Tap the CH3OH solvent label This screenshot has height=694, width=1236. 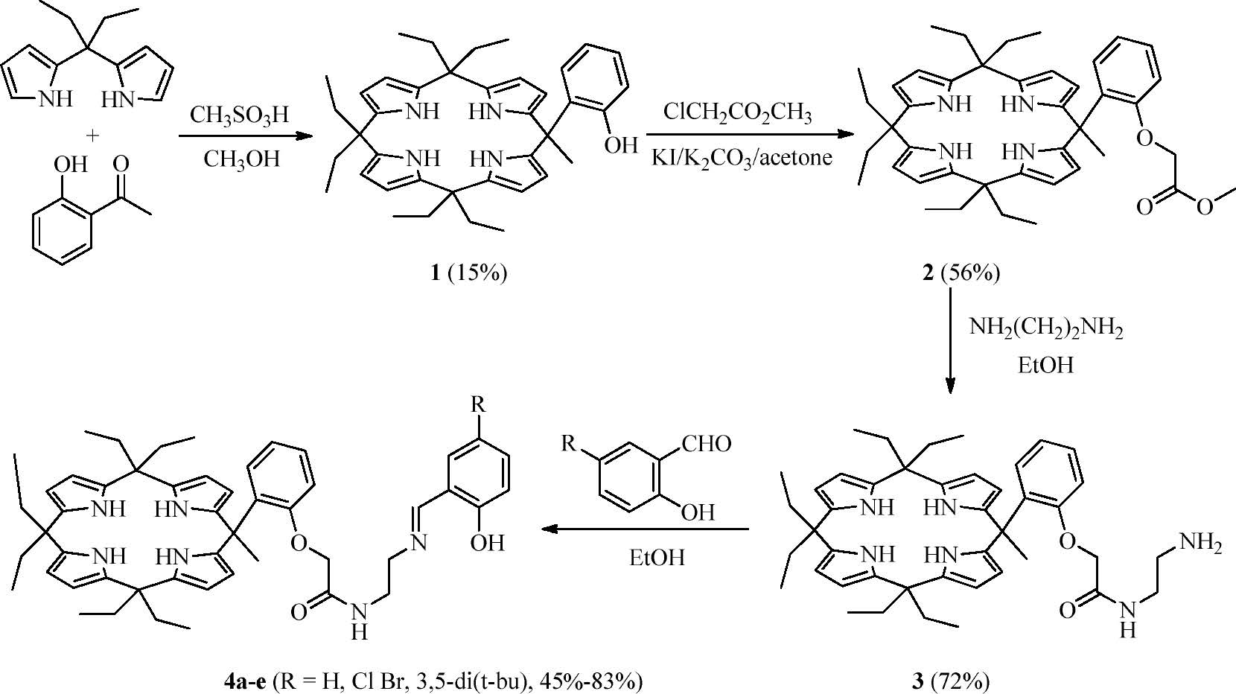242,158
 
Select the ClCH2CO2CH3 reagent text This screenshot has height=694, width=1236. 737,112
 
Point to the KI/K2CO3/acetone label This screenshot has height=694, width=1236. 742,158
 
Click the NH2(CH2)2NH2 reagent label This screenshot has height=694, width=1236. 1045,328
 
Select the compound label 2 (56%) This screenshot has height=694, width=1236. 961,273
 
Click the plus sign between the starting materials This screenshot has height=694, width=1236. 92,136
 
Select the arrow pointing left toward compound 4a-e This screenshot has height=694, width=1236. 645,529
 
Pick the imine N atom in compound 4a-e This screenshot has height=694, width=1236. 419,543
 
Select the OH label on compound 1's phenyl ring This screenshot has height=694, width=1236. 620,144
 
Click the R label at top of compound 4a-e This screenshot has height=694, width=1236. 479,405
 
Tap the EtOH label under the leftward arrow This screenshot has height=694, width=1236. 656,557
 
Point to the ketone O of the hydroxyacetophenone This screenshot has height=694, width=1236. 121,164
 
